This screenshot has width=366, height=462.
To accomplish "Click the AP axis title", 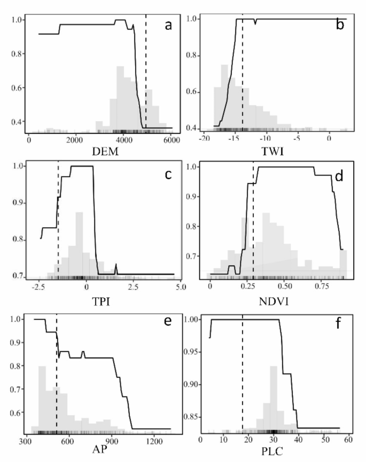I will (x=102, y=453).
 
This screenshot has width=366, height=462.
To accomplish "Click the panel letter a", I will (x=168, y=25).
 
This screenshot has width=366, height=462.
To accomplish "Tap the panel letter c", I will (x=167, y=174).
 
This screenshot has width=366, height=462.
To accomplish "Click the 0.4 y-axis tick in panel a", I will (x=18, y=122).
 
